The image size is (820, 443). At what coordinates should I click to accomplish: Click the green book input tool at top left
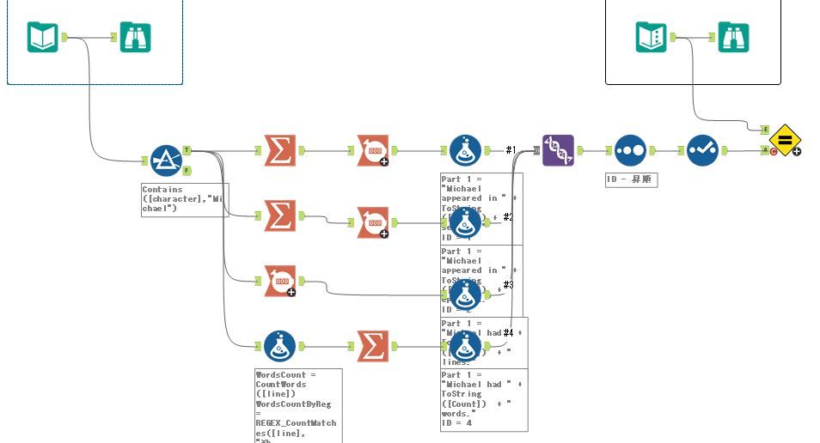click(42, 38)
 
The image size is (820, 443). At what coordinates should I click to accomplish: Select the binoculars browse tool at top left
click(136, 38)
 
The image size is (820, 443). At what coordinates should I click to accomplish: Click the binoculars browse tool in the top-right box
click(733, 37)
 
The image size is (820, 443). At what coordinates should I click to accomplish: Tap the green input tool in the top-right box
click(652, 37)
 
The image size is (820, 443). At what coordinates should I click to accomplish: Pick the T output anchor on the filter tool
click(187, 150)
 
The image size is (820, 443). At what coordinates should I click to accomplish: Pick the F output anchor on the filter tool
click(187, 170)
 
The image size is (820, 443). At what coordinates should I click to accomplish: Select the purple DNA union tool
click(558, 150)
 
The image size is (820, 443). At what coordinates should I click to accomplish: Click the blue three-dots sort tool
click(630, 150)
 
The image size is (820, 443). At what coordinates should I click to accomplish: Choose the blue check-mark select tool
click(702, 150)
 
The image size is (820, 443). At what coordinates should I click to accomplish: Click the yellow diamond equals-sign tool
click(784, 140)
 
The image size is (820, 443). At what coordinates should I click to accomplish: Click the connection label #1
click(511, 150)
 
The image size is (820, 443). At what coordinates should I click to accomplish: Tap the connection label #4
click(508, 332)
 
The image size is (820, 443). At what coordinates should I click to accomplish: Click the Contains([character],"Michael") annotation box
click(184, 199)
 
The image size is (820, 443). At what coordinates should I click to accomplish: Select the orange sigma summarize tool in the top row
click(278, 150)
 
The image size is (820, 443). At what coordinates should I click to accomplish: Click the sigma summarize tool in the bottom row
click(371, 346)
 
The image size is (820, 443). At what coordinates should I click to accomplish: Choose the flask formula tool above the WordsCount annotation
click(278, 346)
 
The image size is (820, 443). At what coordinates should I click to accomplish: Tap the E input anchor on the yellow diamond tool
click(765, 129)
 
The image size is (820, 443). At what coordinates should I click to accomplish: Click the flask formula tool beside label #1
click(465, 150)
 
